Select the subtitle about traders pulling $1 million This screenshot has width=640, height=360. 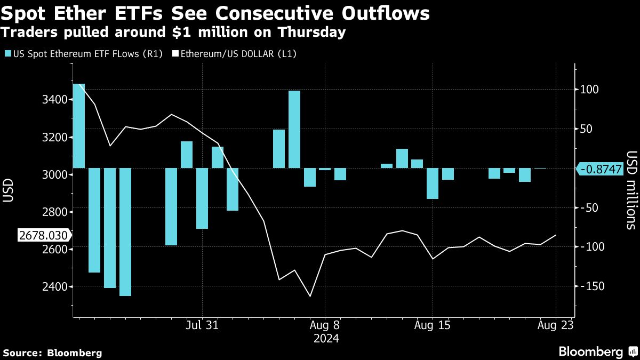point(174,33)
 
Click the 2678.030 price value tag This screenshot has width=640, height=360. point(44,235)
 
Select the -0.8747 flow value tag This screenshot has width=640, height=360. point(601,169)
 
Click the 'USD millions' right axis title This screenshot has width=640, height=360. point(631,189)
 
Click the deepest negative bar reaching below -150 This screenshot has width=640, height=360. point(125,232)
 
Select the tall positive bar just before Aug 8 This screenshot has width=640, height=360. point(295,129)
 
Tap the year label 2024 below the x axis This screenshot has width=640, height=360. point(326,338)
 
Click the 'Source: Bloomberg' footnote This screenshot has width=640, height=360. point(52,353)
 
